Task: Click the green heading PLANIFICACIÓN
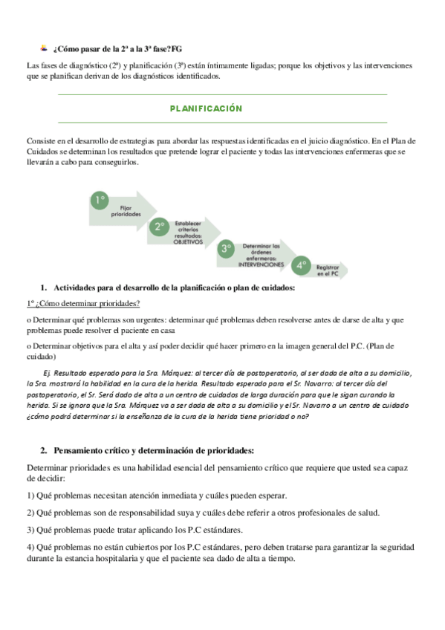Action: [206, 108]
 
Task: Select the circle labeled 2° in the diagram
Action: [159, 227]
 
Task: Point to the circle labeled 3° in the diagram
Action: [226, 249]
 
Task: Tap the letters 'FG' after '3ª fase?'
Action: [176, 49]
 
